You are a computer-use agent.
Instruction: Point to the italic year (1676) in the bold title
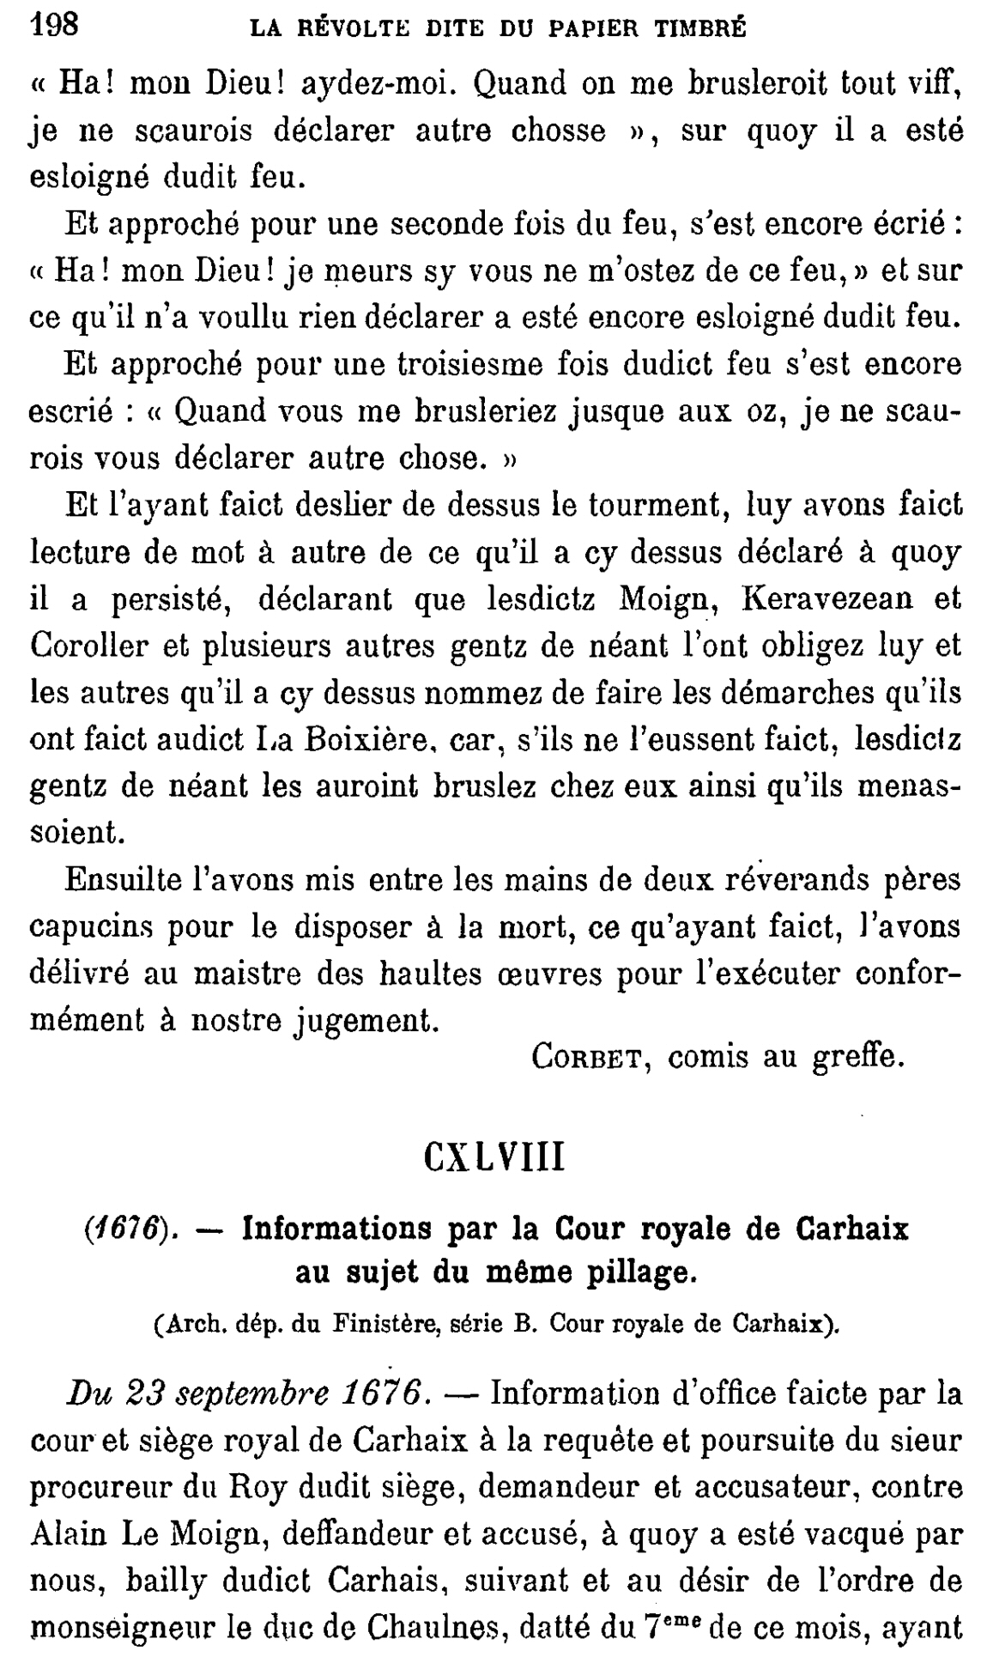pyautogui.click(x=124, y=1230)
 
